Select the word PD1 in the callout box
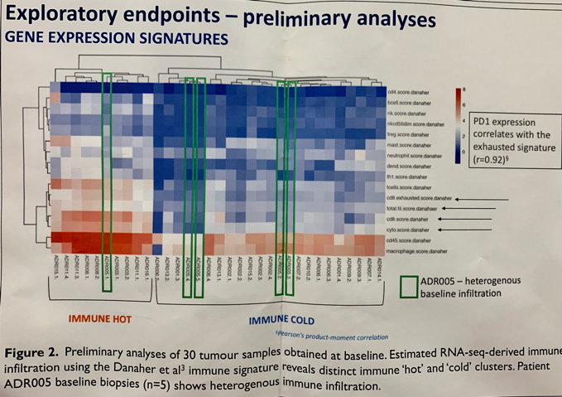483,122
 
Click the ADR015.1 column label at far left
55,270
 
